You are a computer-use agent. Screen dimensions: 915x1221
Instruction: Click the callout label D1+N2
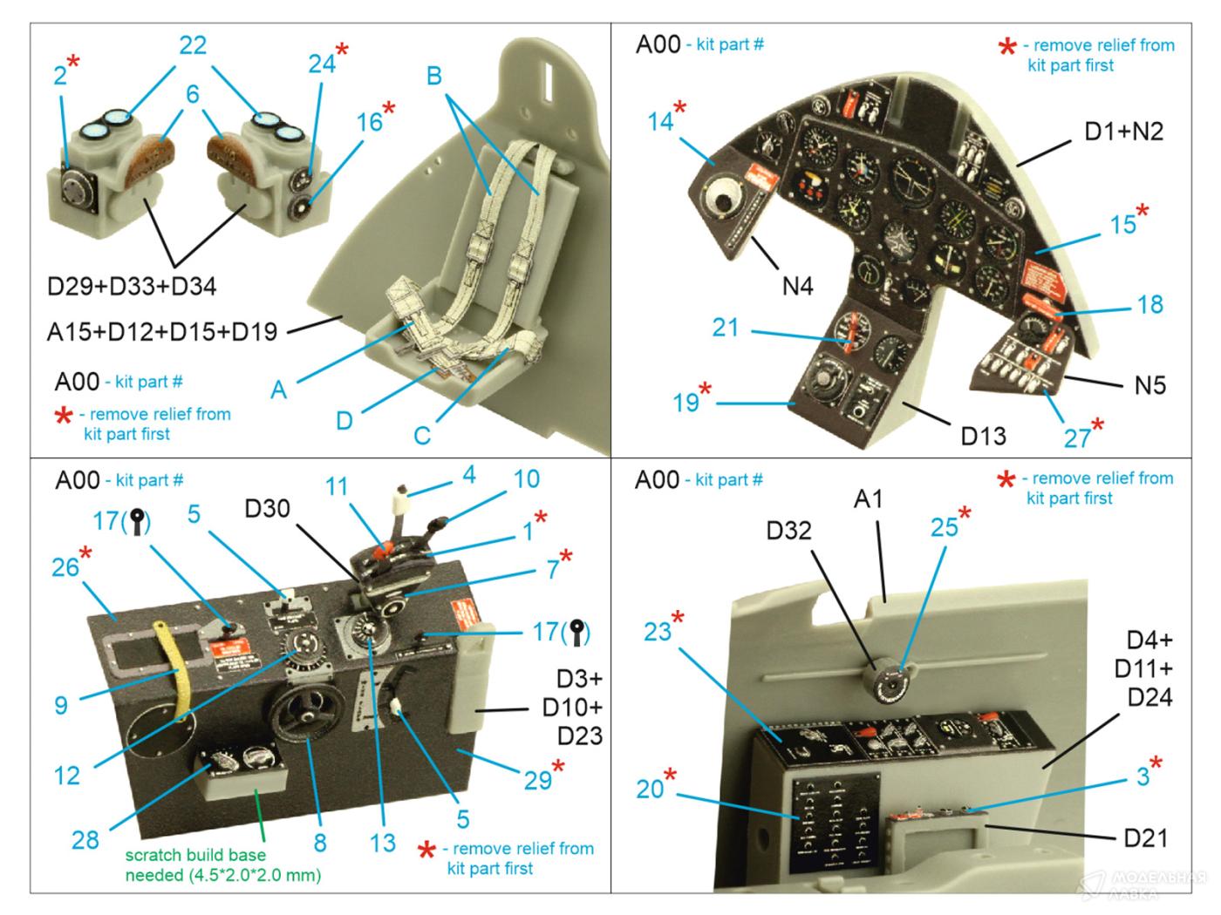(x=1123, y=132)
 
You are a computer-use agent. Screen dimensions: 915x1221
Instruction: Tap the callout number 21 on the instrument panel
(x=726, y=328)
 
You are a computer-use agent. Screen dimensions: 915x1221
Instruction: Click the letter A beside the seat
(x=278, y=389)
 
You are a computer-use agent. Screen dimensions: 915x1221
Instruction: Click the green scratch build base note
(x=222, y=864)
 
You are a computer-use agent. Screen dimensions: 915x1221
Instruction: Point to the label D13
(x=983, y=435)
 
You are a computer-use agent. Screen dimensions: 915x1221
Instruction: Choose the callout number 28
(x=85, y=839)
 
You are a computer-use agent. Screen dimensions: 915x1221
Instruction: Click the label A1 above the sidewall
(x=868, y=498)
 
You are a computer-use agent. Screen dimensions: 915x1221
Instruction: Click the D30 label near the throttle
(x=267, y=508)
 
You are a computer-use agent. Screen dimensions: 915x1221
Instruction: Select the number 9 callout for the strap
(x=60, y=704)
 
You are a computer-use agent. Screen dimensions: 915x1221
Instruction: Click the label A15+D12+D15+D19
(x=162, y=331)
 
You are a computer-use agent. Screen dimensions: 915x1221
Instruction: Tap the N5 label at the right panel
(x=1149, y=384)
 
